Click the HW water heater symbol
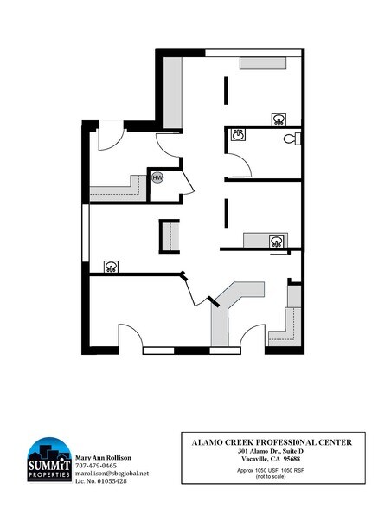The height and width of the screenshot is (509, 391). (x=157, y=178)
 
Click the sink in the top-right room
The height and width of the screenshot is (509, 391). (x=279, y=119)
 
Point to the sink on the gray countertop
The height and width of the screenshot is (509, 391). (x=276, y=241)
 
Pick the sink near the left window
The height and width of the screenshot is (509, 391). (x=111, y=266)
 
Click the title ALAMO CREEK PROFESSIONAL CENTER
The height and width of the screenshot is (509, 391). (x=271, y=442)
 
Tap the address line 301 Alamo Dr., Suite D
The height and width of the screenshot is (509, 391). (x=271, y=451)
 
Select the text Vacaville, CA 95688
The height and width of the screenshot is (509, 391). (x=271, y=459)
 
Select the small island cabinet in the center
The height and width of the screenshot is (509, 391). (x=168, y=235)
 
